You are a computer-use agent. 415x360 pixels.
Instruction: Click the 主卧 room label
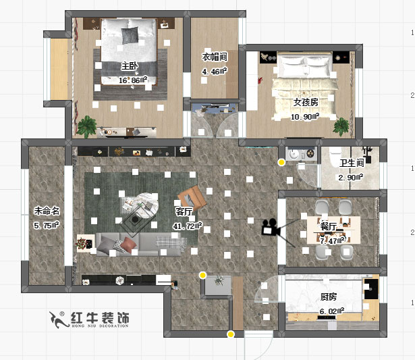click(x=130, y=66)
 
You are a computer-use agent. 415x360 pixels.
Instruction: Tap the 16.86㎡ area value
click(x=133, y=80)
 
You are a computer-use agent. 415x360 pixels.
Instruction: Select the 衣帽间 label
click(x=215, y=57)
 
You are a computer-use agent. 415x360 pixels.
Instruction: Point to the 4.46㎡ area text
click(x=215, y=70)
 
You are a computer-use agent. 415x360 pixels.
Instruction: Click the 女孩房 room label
click(x=305, y=103)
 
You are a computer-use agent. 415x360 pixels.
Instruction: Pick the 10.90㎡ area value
click(x=305, y=116)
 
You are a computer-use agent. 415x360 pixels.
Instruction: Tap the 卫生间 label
click(x=352, y=163)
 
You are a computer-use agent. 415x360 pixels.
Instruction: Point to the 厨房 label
click(x=329, y=297)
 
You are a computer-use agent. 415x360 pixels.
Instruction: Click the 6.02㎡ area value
click(x=332, y=311)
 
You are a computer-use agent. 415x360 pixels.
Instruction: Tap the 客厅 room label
click(x=184, y=213)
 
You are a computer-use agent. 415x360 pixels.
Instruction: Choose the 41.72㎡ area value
click(x=187, y=226)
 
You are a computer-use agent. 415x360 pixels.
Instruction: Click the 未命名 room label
click(x=47, y=210)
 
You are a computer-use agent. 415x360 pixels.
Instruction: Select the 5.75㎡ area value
click(x=47, y=225)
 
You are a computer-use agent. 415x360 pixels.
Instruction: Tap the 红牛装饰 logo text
click(x=101, y=318)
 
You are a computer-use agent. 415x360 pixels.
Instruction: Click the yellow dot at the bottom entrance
click(x=231, y=334)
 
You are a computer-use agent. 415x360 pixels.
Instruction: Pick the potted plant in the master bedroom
click(x=87, y=125)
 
